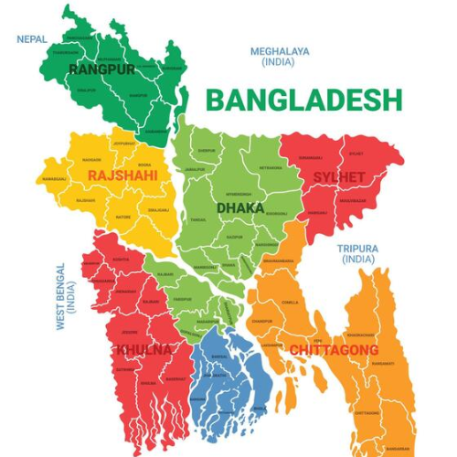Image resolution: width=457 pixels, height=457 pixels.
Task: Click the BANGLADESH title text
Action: pos(303,99)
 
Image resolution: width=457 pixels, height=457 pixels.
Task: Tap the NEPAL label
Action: pos(33,39)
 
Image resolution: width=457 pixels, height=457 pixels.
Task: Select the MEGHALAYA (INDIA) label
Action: pos(280,57)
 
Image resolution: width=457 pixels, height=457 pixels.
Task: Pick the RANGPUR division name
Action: pos(101,69)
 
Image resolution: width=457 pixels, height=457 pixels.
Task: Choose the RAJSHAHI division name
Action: pos(122,175)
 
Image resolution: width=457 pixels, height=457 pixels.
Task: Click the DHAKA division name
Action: pos(240,208)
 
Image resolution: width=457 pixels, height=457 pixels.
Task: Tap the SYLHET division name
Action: pos(338,176)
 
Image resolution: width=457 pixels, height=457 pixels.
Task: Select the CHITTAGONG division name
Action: pos(333,350)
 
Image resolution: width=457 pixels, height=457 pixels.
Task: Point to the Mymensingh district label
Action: pos(238,195)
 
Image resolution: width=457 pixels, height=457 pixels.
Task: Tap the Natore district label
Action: pos(122,218)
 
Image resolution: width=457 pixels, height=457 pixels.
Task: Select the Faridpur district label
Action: pos(182,299)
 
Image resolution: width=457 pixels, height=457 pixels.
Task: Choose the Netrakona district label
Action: pos(270,168)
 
